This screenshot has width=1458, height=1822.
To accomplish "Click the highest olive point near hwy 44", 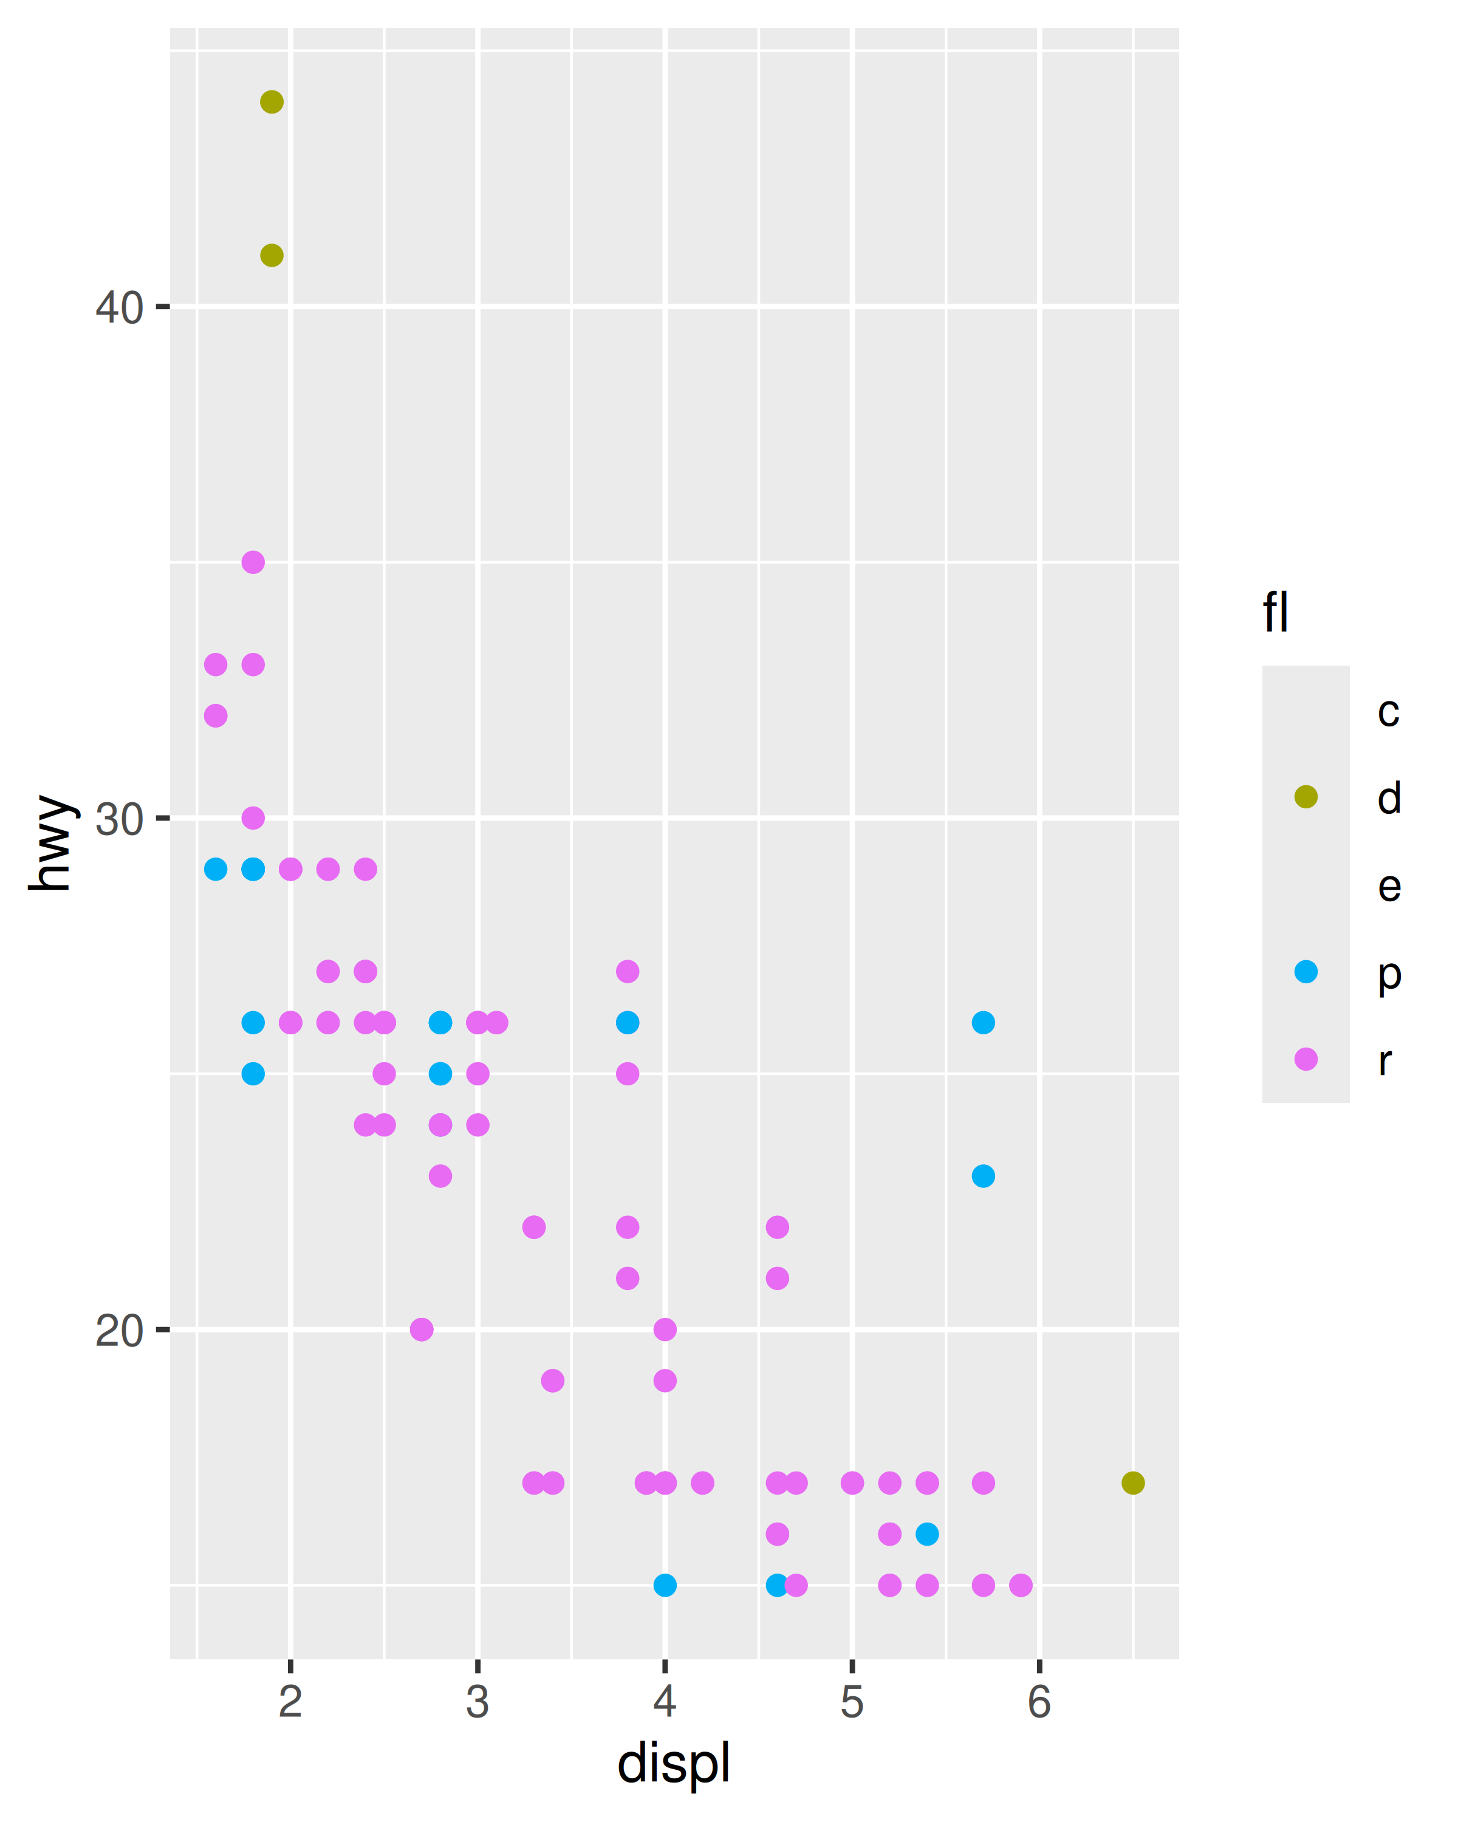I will tap(272, 102).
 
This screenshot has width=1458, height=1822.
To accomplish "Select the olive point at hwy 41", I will tap(272, 255).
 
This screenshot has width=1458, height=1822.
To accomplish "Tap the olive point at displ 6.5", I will tap(1132, 1483).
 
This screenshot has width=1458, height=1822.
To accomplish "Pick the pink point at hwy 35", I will tap(253, 562).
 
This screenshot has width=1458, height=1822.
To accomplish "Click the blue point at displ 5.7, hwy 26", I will tap(983, 1023).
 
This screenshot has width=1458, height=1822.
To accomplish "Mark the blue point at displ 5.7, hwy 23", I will tap(983, 1176).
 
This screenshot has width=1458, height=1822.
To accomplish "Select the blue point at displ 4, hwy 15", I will tap(665, 1585).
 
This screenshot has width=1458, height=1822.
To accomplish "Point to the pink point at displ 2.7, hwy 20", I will tap(422, 1329).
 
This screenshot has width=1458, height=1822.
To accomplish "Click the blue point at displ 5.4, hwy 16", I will tap(927, 1534).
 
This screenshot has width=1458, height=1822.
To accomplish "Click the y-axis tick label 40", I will tap(119, 307).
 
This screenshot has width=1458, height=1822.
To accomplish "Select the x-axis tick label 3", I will tap(477, 1702).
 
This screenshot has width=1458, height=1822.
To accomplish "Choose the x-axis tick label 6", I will tap(1039, 1702).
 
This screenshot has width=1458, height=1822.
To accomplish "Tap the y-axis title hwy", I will tap(50, 842).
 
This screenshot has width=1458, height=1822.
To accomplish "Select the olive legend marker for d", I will tap(1306, 797).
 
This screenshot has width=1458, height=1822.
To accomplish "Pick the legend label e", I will tap(1389, 885).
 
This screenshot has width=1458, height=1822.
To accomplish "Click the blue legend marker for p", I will tap(1306, 972).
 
